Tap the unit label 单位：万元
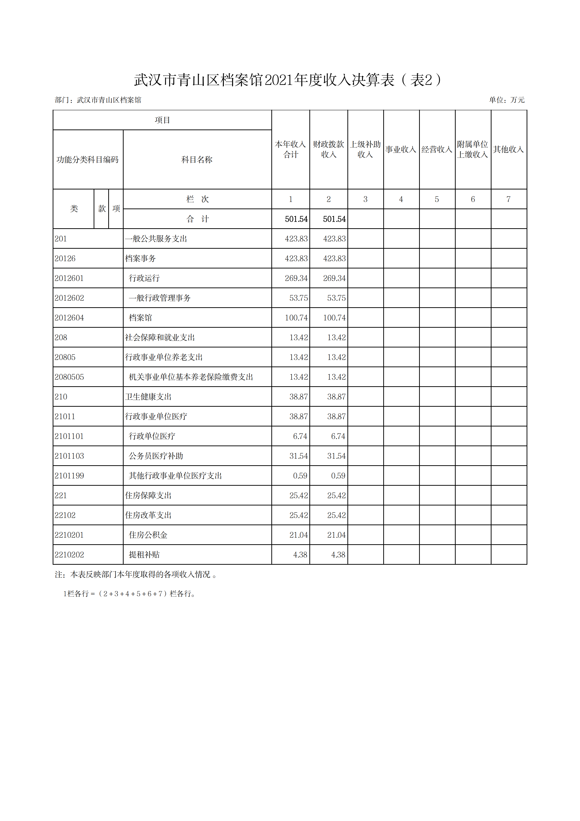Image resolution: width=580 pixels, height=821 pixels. click(x=506, y=100)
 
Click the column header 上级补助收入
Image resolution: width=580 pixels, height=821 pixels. click(x=365, y=149)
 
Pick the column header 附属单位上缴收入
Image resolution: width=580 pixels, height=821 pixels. click(x=472, y=149)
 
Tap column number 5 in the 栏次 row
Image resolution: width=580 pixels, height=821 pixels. click(x=437, y=199)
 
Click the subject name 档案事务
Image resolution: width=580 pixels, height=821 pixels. click(x=140, y=258)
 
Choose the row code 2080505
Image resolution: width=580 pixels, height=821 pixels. click(x=69, y=377)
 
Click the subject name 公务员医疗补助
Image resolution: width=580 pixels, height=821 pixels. click(x=156, y=456)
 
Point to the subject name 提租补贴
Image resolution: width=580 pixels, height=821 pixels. click(x=144, y=554)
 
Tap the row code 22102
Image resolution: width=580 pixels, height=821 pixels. click(x=65, y=515)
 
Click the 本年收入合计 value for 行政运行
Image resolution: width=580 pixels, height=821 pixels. click(x=296, y=278)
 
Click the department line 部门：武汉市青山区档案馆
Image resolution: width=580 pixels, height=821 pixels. click(x=98, y=100)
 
